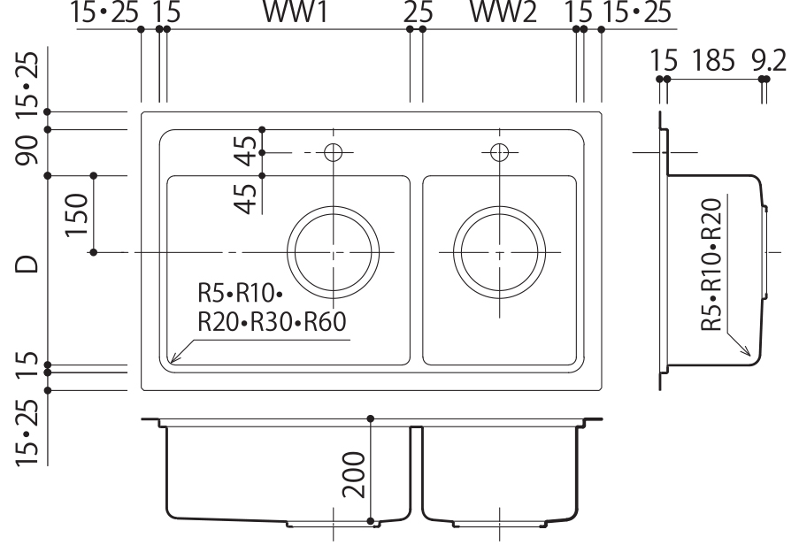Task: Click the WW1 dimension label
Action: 295,12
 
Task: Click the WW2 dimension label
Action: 503,12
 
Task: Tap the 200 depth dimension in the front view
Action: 354,474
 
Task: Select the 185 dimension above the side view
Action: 713,60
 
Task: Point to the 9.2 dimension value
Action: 770,61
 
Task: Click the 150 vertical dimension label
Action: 76,214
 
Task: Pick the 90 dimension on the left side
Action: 27,150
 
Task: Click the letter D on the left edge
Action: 27,264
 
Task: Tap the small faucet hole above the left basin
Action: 334,152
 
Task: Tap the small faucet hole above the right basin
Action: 499,152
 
